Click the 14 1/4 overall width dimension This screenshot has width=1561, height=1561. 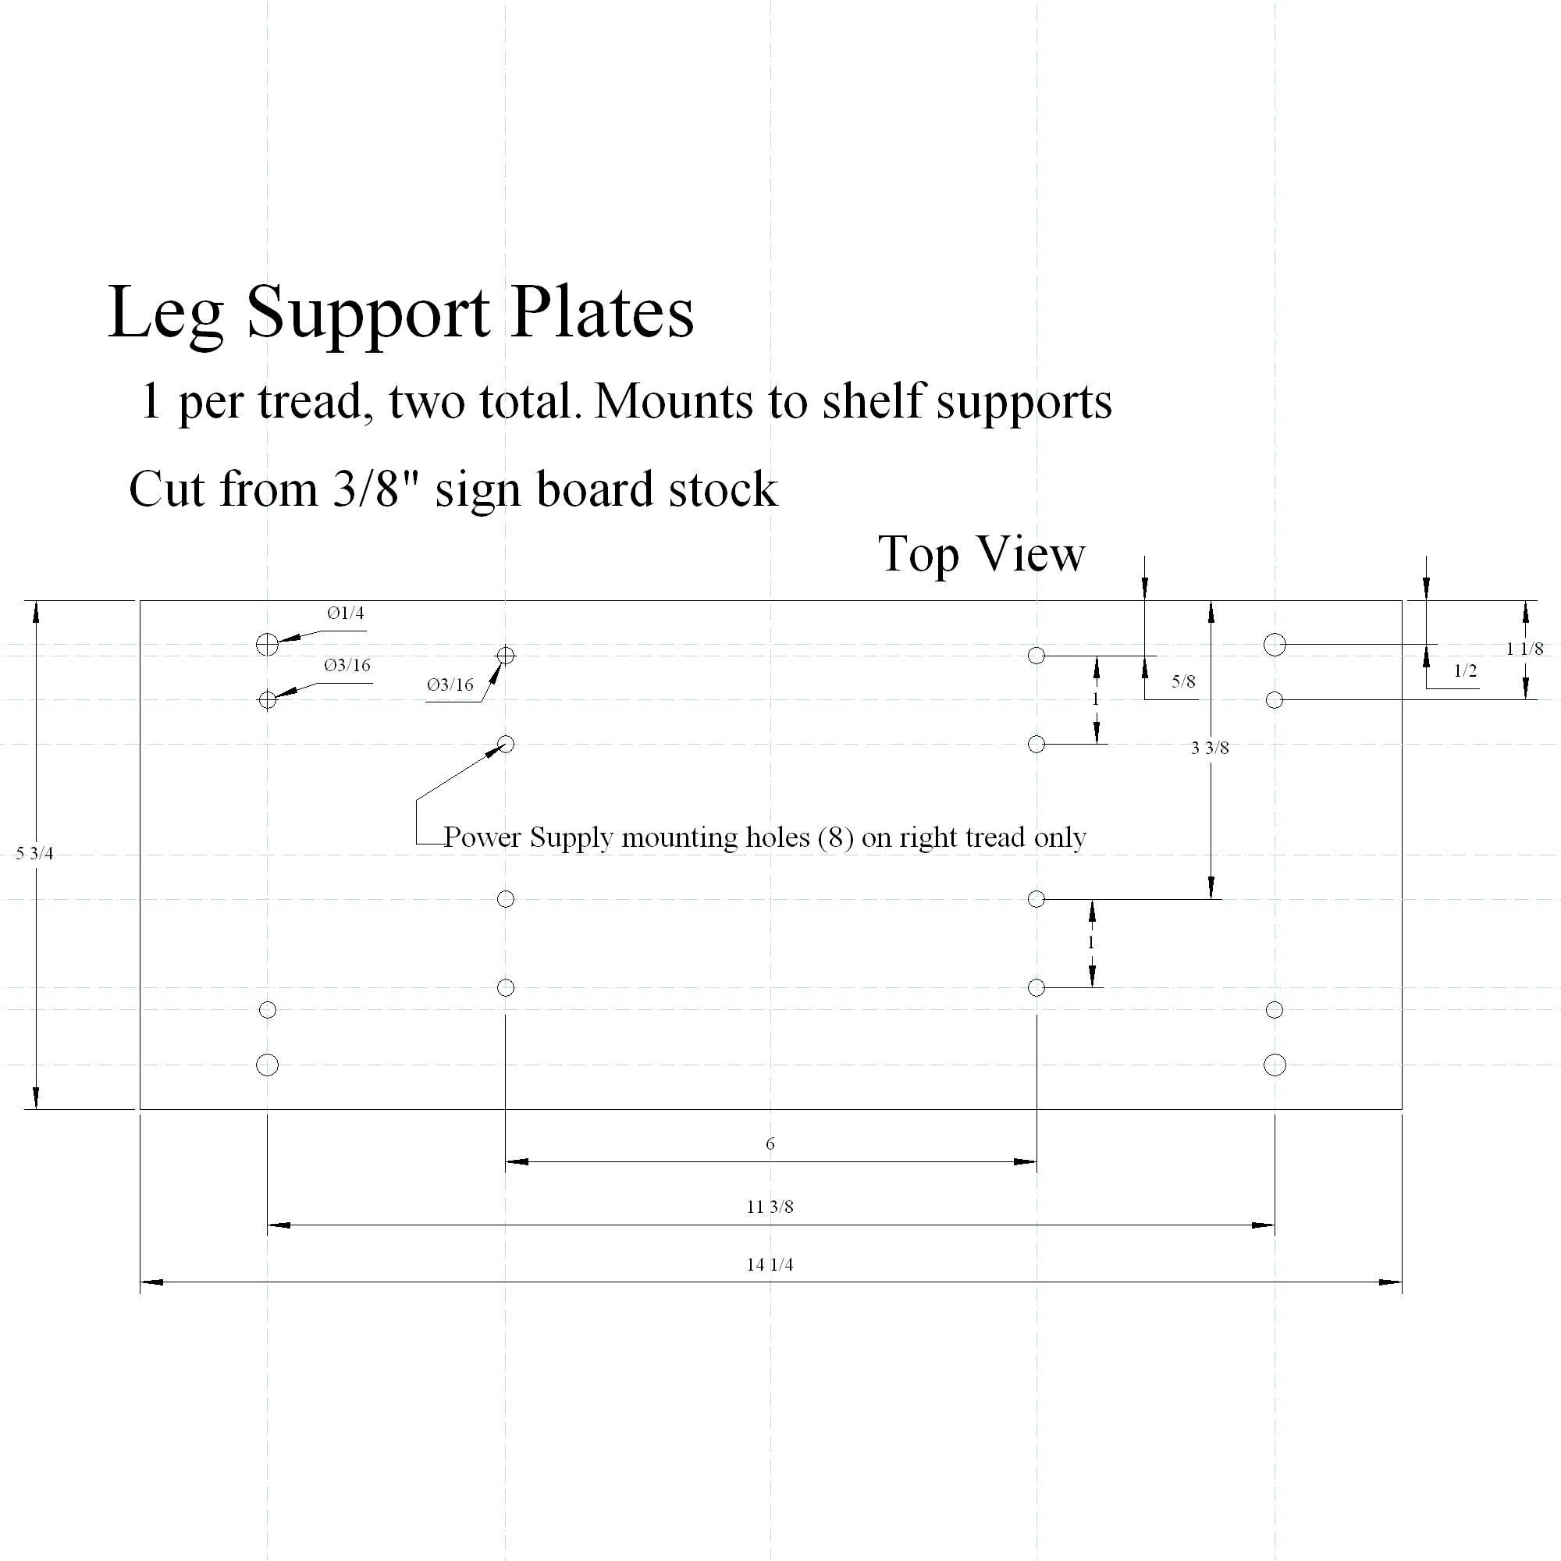click(x=770, y=1264)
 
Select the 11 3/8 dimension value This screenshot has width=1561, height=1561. click(x=770, y=1207)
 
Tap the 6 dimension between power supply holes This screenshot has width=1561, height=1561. click(x=770, y=1143)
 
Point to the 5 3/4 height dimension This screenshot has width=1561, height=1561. click(x=35, y=853)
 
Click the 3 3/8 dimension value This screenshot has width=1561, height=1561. click(x=1210, y=748)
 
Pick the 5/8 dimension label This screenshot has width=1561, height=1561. click(x=1183, y=681)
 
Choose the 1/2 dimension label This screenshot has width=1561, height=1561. click(x=1465, y=670)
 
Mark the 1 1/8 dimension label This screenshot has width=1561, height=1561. click(x=1524, y=648)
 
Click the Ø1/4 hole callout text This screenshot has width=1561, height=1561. click(x=345, y=613)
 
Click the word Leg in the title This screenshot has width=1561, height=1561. click(x=165, y=314)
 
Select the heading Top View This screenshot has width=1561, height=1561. click(x=981, y=554)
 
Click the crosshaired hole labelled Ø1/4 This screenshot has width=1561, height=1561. click(x=268, y=644)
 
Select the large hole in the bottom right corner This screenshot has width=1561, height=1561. click(x=1275, y=1065)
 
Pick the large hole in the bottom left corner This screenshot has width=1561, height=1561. click(x=268, y=1065)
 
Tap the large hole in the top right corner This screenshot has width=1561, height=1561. click(x=1275, y=644)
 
